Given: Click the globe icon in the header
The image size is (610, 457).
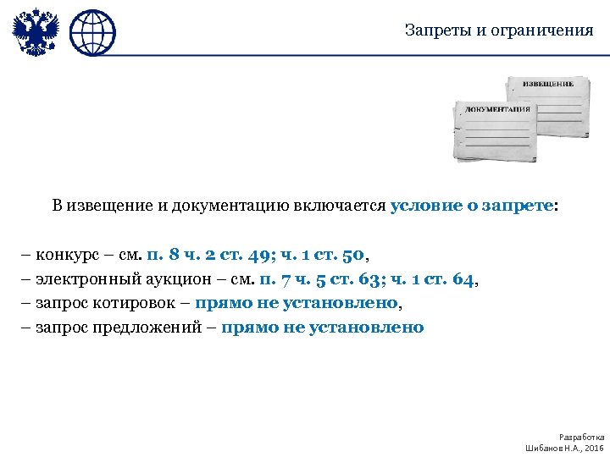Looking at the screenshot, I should pyautogui.click(x=91, y=34).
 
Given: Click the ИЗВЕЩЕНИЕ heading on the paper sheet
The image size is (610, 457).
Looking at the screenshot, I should pyautogui.click(x=546, y=85).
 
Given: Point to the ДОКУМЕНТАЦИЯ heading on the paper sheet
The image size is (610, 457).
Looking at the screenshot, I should pyautogui.click(x=497, y=109).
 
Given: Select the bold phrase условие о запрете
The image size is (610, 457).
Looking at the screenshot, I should pyautogui.click(x=470, y=206).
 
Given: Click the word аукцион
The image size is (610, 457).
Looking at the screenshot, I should pyautogui.click(x=171, y=278).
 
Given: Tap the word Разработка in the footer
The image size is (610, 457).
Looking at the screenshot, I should pyautogui.click(x=582, y=437).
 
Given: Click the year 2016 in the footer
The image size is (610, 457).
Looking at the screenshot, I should pyautogui.click(x=594, y=447).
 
